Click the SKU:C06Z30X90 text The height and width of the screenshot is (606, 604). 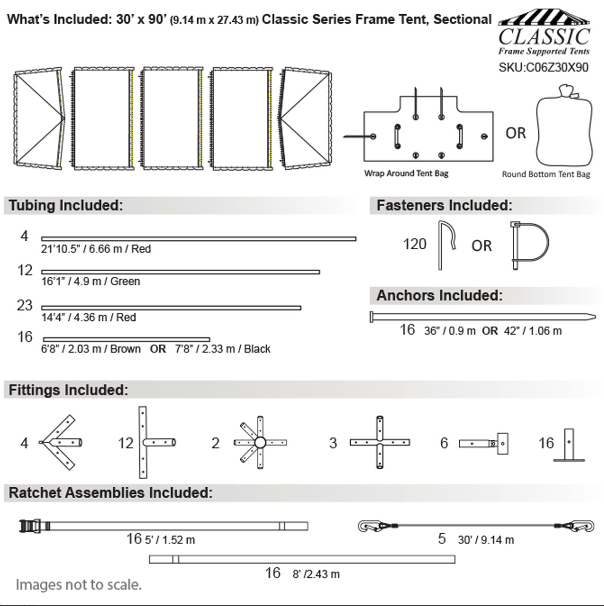point(543,68)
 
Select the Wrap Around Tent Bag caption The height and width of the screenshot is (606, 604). point(406,173)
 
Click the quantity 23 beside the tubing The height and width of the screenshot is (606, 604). point(25,305)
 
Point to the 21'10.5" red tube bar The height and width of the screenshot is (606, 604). point(199,239)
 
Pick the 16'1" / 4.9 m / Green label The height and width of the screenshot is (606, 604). point(90,281)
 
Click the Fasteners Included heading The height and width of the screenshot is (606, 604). point(444,205)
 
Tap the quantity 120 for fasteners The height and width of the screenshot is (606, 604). point(415,245)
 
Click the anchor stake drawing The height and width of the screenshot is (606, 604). point(482,316)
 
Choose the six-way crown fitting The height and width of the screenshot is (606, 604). point(260,443)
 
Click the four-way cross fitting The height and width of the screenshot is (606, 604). point(380,442)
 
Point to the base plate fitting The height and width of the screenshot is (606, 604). point(569,445)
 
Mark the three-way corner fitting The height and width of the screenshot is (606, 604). point(60,442)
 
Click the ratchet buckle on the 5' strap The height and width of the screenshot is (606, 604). point(30,526)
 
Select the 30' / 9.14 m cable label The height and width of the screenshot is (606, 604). point(486,540)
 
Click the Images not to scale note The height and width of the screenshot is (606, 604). point(79,585)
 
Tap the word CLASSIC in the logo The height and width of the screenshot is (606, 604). point(544,37)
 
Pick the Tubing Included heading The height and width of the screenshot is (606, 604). point(66,205)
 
